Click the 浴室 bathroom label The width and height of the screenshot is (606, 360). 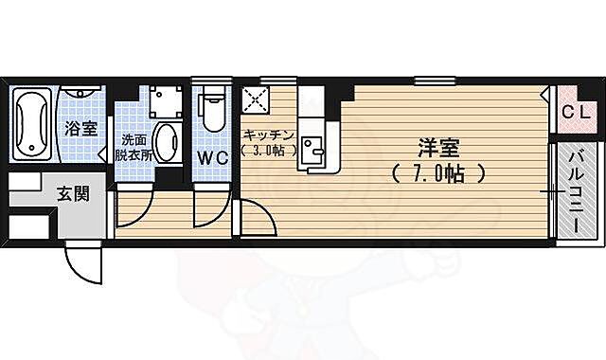click(x=81, y=129)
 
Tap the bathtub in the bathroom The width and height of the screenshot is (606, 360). click(x=29, y=124)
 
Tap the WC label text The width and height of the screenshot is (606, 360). click(x=212, y=158)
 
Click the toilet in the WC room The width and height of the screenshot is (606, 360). click(x=212, y=112)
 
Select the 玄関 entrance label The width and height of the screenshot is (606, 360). click(x=73, y=195)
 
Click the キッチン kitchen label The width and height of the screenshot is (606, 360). click(x=270, y=135)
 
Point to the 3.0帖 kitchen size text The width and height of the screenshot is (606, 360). click(x=269, y=150)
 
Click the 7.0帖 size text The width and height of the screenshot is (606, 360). click(x=437, y=174)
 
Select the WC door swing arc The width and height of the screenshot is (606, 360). click(x=210, y=210)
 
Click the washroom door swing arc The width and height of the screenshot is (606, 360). click(x=134, y=209)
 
